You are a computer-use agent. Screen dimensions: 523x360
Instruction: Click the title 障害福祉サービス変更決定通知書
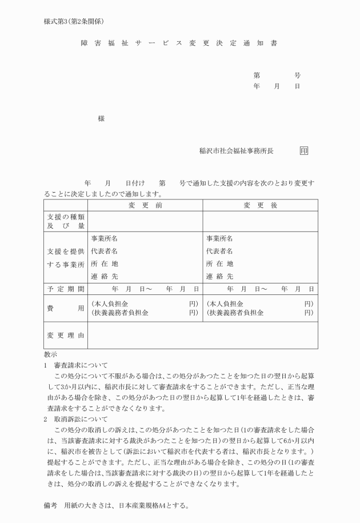pos(179,43)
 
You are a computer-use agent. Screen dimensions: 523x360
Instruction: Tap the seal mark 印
pos(303,151)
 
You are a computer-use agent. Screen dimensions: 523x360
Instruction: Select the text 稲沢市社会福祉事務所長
pos(236,151)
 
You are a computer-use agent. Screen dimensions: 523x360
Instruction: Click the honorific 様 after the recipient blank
pos(101,118)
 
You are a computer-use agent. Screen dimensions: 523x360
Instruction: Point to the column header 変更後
pos(260,205)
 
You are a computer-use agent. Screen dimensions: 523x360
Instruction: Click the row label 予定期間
pos(66,289)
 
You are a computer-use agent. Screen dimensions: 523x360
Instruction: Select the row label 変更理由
pos(66,335)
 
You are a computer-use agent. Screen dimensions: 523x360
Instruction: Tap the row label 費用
pos(66,308)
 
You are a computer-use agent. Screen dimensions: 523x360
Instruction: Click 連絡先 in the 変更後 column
pos(219,276)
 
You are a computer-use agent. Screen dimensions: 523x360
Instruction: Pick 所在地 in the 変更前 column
pos(104,264)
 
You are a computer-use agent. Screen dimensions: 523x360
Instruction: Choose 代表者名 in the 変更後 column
pos(219,251)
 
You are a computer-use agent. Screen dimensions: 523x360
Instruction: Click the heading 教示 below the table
pos(50,355)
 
